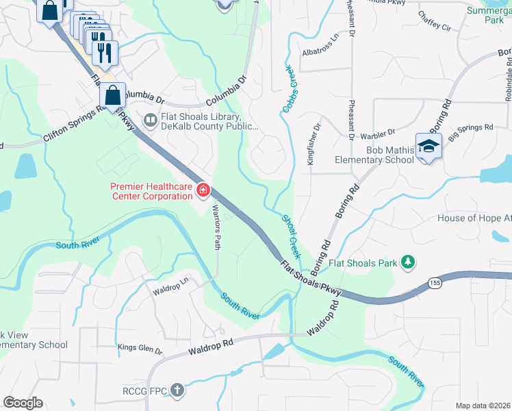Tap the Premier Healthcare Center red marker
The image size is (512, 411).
pyautogui.click(x=203, y=190)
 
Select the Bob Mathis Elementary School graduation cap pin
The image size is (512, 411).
pyautogui.click(x=428, y=146)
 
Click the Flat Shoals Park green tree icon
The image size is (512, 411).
pyautogui.click(x=408, y=262)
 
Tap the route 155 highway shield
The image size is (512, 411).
pyautogui.click(x=435, y=282)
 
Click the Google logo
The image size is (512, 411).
pyautogui.click(x=23, y=403)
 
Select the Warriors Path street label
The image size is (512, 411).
pyautogui.click(x=216, y=227)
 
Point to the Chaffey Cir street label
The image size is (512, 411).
pyautogui.click(x=434, y=27)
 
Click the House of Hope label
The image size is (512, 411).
pyautogui.click(x=474, y=218)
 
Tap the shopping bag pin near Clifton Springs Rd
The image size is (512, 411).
pyautogui.click(x=112, y=95)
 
